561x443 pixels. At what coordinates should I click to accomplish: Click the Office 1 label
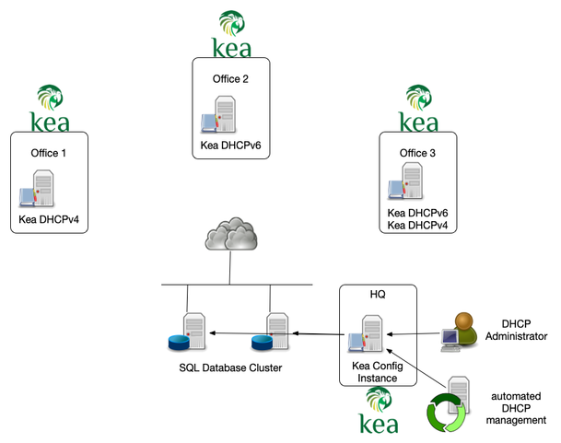coord(48,151)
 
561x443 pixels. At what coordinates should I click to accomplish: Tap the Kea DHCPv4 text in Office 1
coord(49,220)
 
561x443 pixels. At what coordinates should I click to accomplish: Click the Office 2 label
coord(230,78)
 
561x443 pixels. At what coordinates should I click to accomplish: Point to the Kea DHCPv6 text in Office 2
coord(230,146)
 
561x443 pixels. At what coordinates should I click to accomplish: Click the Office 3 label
coord(417,152)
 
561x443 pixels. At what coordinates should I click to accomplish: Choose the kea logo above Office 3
coord(417,110)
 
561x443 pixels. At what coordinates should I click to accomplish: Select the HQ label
coord(378,296)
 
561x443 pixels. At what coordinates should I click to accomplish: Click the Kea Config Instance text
coord(378,372)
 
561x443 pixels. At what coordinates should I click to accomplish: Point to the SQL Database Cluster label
coord(229,367)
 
